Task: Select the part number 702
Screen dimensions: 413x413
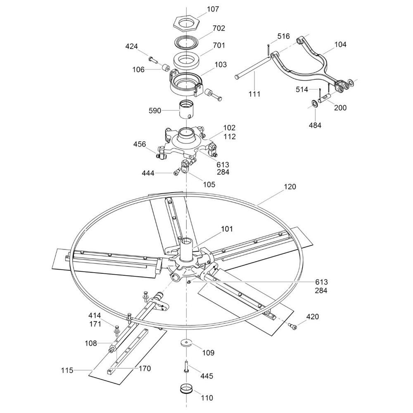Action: click(219, 28)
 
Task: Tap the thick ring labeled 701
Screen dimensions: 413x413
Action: click(187, 61)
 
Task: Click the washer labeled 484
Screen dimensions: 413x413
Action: click(314, 102)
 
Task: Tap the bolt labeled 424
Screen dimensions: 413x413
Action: click(153, 59)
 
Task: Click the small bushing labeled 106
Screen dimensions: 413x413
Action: click(166, 67)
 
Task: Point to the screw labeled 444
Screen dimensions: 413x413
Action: click(176, 172)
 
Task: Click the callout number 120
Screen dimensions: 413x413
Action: click(290, 187)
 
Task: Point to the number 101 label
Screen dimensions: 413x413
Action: click(227, 229)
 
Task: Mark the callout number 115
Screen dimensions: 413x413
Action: click(67, 370)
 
